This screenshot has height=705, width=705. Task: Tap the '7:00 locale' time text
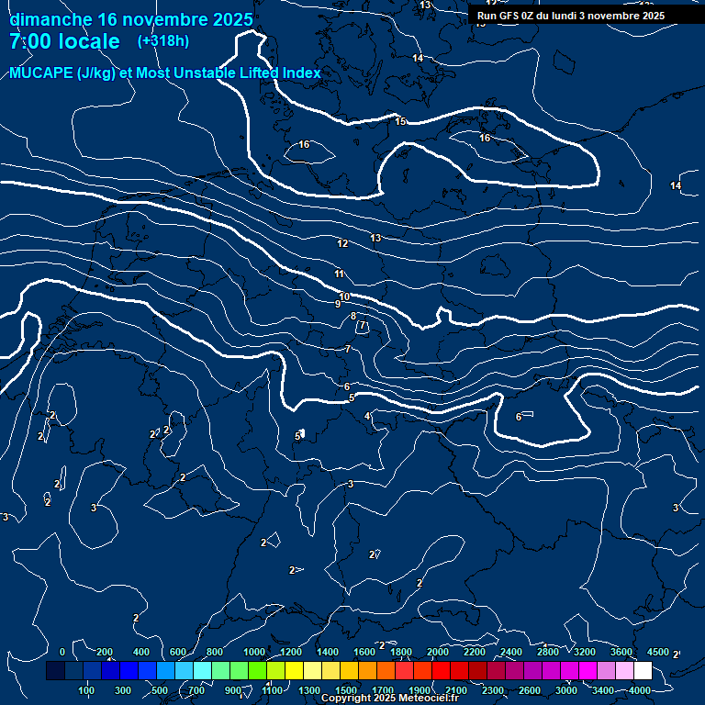(x=64, y=41)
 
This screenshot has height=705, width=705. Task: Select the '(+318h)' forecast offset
(x=164, y=41)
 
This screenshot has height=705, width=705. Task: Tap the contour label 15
(x=400, y=121)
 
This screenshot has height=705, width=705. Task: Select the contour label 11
(x=340, y=274)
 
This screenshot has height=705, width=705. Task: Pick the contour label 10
(x=344, y=297)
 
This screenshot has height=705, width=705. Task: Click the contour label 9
(x=337, y=304)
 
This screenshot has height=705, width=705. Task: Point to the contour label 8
(x=353, y=316)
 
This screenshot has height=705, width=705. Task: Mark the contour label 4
(x=367, y=417)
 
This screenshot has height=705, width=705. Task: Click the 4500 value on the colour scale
(x=657, y=652)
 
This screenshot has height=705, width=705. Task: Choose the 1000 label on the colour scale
(x=253, y=652)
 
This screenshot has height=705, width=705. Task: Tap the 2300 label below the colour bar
(x=493, y=690)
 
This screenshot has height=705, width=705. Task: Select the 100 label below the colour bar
(x=86, y=690)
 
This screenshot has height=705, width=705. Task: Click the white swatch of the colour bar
(x=643, y=671)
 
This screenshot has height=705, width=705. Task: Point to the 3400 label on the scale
(x=603, y=690)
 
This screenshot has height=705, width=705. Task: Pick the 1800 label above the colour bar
(x=401, y=652)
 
